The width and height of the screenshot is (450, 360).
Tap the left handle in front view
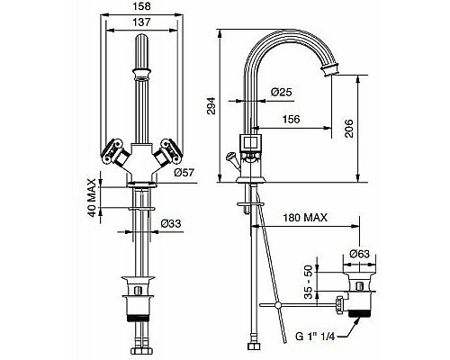click(x=114, y=148)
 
